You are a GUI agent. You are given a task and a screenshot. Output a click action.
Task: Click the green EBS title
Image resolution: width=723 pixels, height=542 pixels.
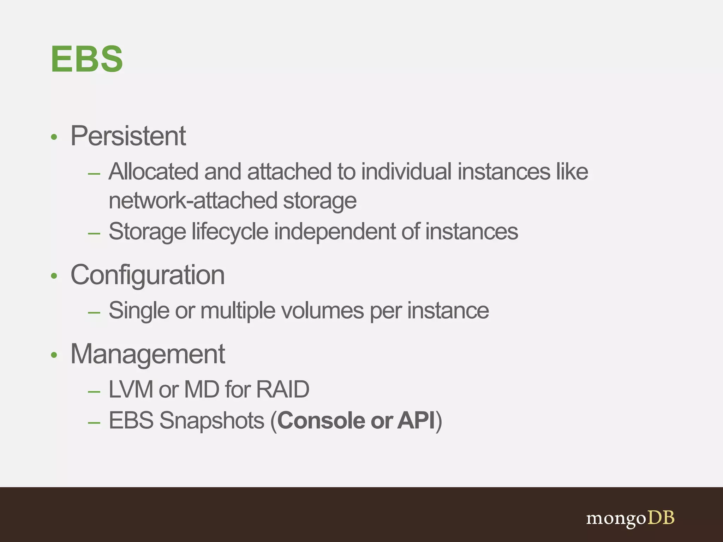(x=87, y=59)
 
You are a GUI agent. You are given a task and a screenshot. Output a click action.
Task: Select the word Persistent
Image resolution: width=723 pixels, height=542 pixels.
(x=128, y=136)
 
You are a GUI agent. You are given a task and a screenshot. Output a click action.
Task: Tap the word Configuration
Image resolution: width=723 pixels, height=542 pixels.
(x=148, y=275)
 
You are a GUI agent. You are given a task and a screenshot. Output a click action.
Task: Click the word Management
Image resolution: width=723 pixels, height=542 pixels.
(x=148, y=354)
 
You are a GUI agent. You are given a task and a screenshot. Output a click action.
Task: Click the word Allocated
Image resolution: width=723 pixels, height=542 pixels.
(x=153, y=172)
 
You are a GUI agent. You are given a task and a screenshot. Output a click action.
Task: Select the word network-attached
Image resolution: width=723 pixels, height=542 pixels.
(x=193, y=201)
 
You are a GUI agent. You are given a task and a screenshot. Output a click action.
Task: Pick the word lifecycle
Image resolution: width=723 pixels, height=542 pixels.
(x=230, y=232)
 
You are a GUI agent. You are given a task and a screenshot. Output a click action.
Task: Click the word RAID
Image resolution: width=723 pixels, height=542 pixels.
(x=282, y=390)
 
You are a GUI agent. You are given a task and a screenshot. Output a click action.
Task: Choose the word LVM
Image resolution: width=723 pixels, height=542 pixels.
(x=131, y=390)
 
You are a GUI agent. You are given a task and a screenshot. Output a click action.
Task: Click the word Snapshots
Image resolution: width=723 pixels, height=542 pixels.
(x=211, y=421)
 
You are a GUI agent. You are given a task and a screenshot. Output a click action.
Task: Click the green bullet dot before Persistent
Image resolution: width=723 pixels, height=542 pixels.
(x=54, y=137)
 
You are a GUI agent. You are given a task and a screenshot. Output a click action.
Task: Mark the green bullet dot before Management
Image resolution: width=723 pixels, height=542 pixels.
(x=54, y=355)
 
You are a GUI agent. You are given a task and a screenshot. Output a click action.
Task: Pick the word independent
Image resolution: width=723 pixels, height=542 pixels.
(x=335, y=232)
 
